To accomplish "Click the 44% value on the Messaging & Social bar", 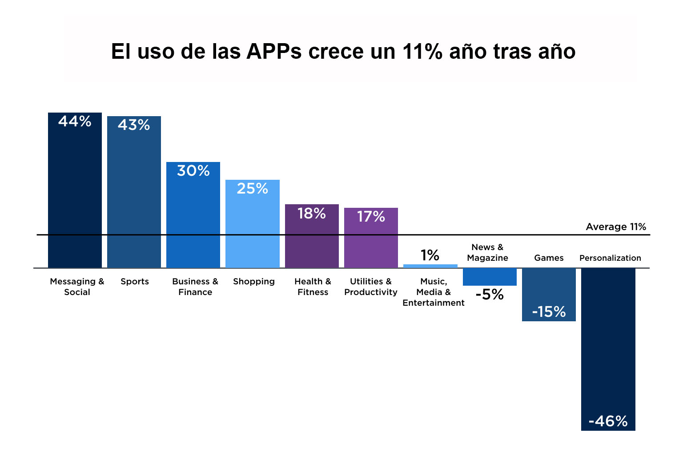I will click(75, 121).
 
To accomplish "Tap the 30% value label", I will click(193, 171).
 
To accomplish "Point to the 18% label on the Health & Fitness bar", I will click(311, 214).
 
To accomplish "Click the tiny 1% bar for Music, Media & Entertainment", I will click(430, 266).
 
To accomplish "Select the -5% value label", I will click(489, 295).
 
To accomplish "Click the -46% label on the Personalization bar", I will click(608, 421).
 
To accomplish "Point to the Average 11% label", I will click(616, 227).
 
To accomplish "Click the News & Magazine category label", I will click(487, 252).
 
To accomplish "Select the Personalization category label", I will click(610, 258).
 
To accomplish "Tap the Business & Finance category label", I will click(195, 287).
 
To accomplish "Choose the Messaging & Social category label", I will click(77, 287).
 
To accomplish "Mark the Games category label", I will click(549, 258).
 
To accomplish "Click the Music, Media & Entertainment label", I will click(434, 292).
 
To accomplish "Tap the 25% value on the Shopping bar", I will click(252, 189).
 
